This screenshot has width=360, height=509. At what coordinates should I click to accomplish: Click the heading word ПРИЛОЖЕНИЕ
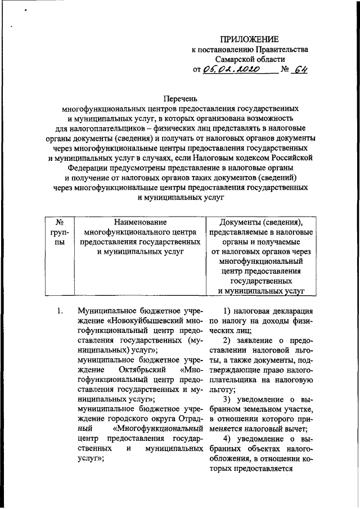point(249,39)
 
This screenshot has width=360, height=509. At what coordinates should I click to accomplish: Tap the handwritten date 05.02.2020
point(231,69)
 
